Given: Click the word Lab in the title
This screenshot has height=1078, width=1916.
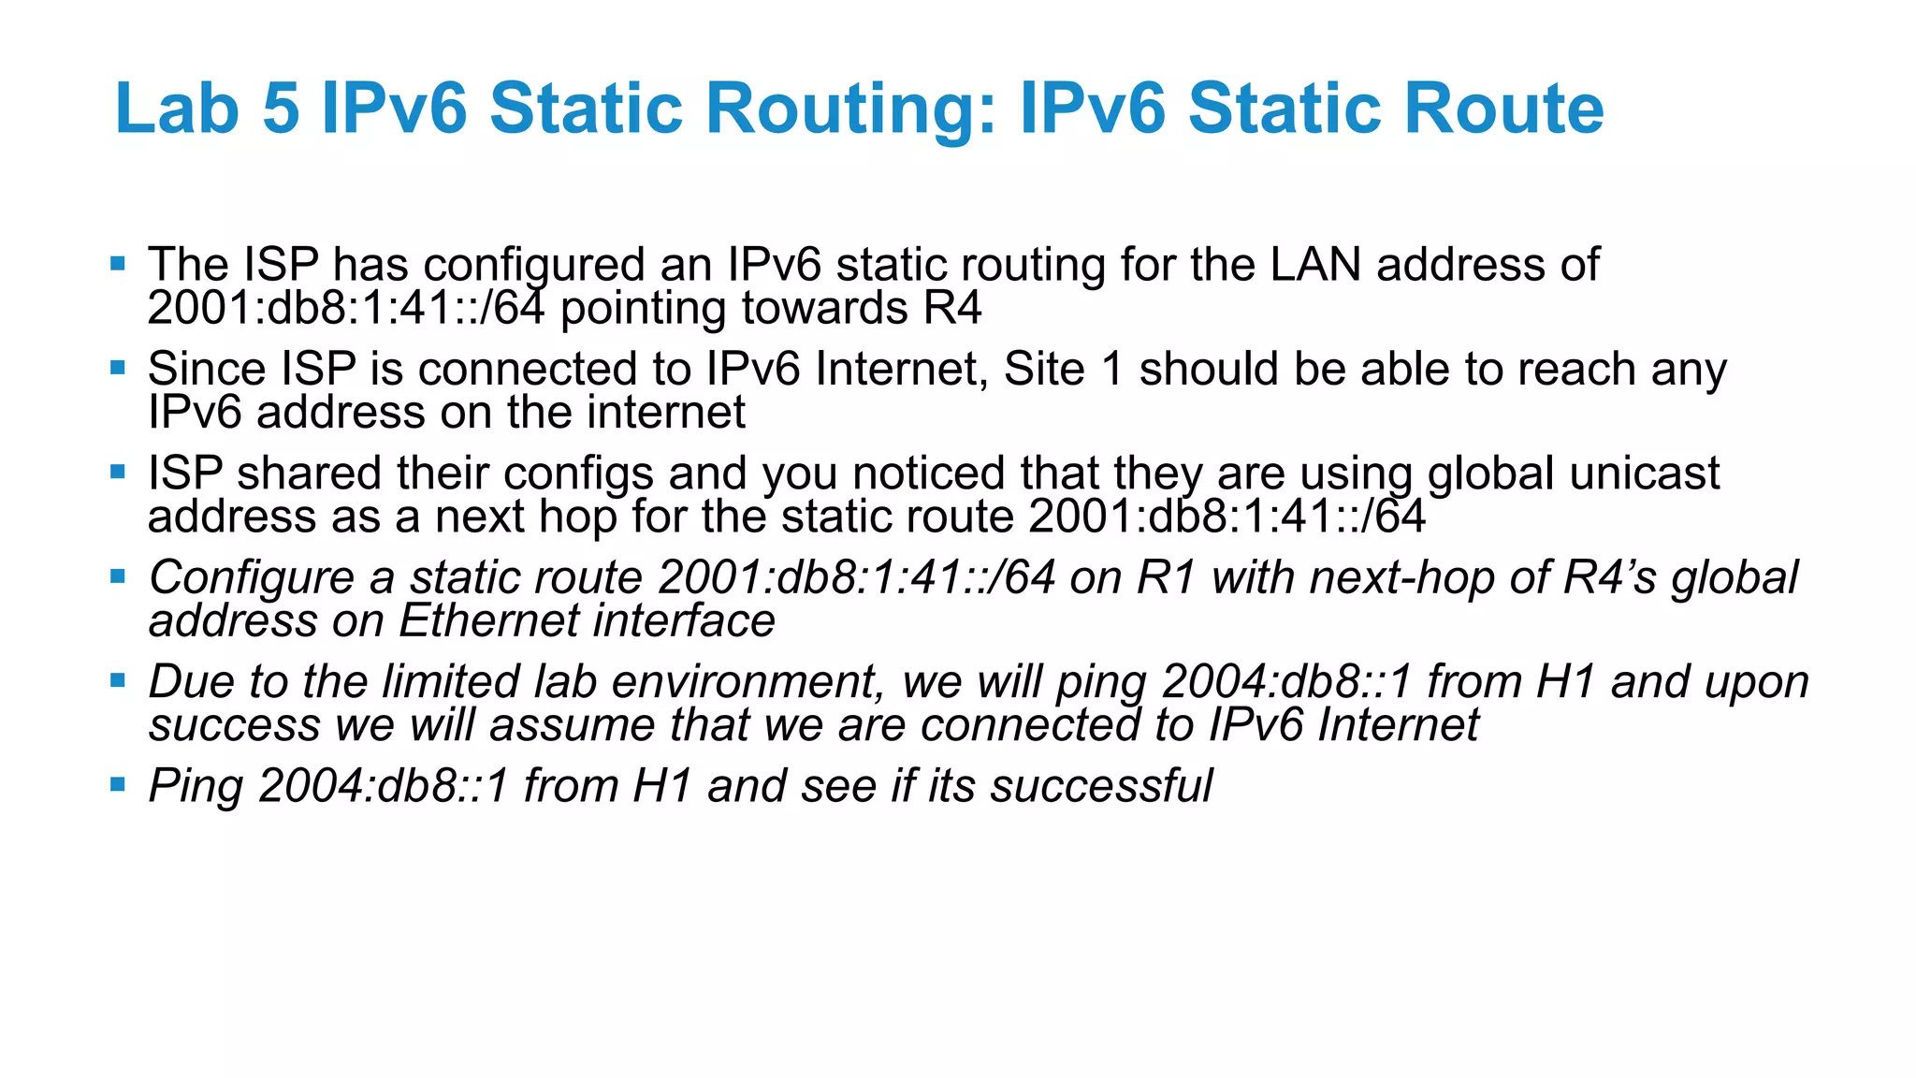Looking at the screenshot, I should point(177,109).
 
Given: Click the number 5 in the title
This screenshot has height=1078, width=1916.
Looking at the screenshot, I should point(282,109).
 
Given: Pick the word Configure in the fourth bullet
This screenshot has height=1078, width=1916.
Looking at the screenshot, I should point(252,578).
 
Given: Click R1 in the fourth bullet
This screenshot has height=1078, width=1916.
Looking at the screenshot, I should point(1166,578).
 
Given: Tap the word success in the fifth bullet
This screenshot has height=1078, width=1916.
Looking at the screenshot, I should point(234,725).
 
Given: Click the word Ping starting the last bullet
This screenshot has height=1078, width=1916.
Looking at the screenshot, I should point(195,786).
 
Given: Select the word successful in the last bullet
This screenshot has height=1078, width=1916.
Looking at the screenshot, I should point(1101,786).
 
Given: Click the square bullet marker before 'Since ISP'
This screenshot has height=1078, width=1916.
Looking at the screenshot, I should point(118,368).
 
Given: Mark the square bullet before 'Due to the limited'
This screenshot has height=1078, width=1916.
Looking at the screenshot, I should point(118,680).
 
